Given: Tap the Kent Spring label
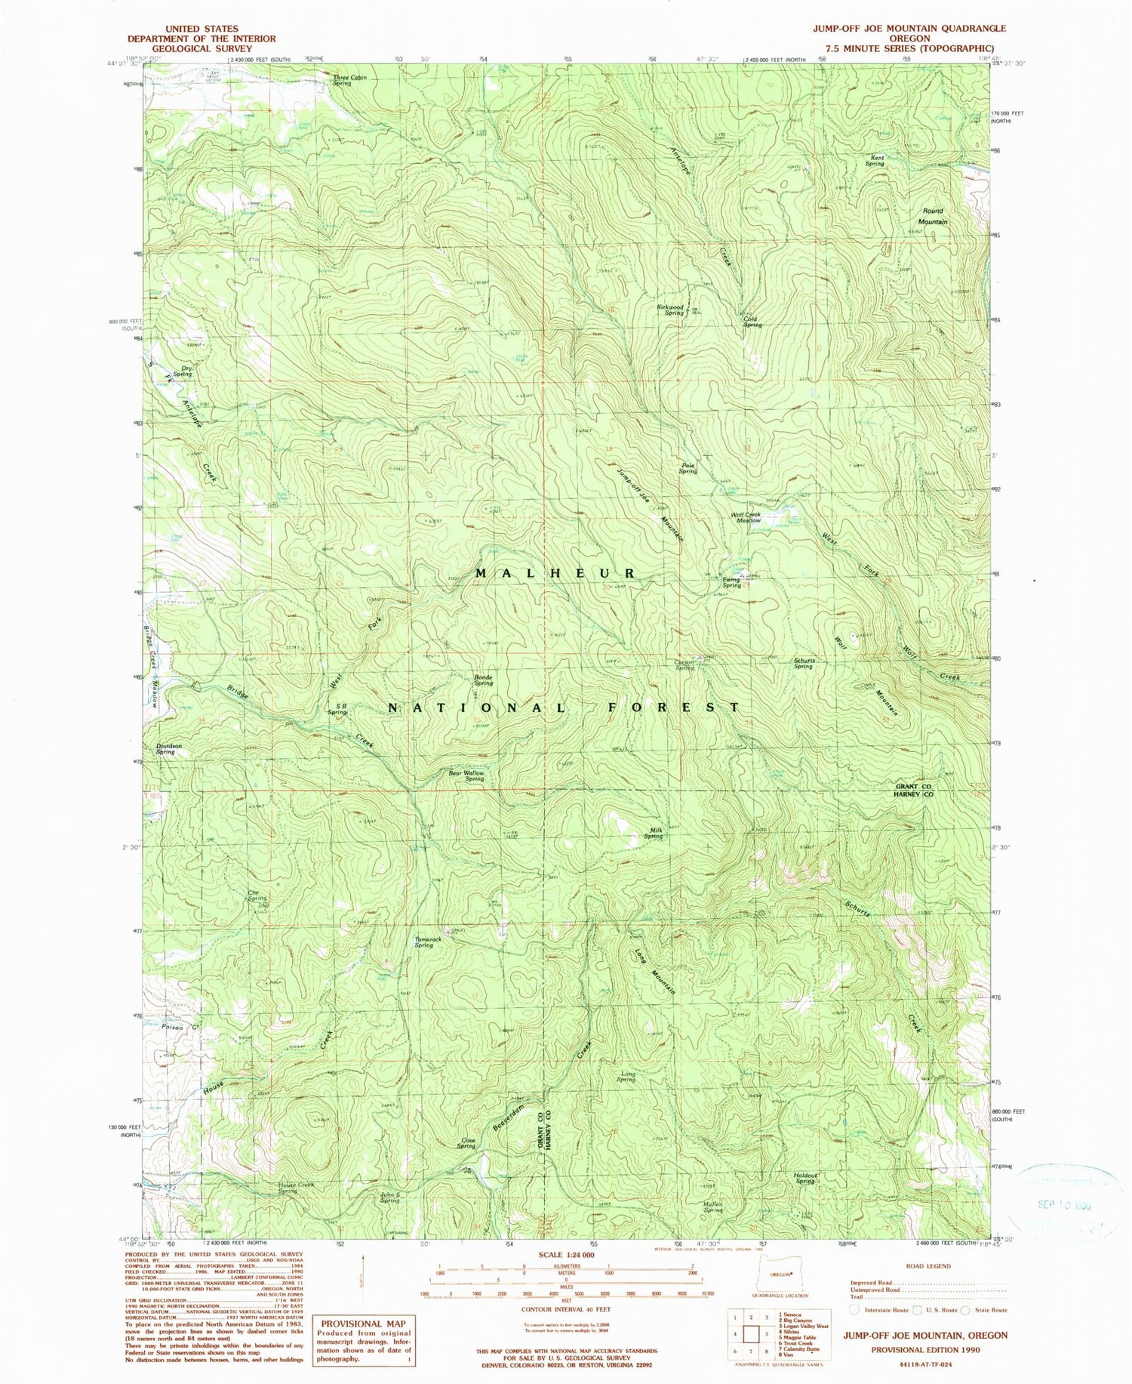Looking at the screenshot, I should click(x=875, y=161).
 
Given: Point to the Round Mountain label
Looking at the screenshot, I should click(x=934, y=217).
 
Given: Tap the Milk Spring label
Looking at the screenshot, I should click(x=654, y=834).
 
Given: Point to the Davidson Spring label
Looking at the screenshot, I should click(x=168, y=748).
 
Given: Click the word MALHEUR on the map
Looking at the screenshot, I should click(x=556, y=574).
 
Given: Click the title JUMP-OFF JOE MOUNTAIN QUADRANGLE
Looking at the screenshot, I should click(x=909, y=28).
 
